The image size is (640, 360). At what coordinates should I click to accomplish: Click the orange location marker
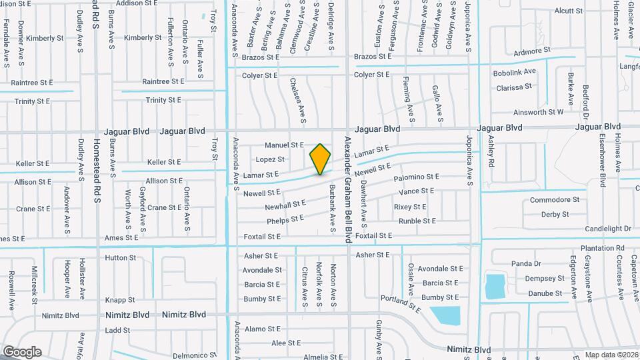click(x=321, y=159)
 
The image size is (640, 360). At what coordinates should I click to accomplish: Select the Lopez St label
click(x=270, y=159)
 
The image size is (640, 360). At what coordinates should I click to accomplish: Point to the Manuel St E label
click(x=284, y=145)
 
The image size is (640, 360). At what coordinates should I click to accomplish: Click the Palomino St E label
click(x=417, y=177)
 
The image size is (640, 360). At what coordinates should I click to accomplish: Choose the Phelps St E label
click(x=285, y=219)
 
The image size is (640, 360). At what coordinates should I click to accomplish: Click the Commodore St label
click(x=555, y=199)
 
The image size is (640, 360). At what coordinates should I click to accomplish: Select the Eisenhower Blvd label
click(x=603, y=161)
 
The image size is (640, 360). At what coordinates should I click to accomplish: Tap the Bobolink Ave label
click(x=515, y=72)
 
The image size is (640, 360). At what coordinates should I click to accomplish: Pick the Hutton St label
click(x=121, y=257)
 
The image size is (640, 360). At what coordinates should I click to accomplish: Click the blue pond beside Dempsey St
click(x=495, y=286)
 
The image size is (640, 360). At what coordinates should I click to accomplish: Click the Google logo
click(x=22, y=351)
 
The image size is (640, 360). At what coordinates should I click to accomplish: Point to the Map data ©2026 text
click(x=611, y=354)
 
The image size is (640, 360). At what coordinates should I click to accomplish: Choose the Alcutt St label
click(x=569, y=11)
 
